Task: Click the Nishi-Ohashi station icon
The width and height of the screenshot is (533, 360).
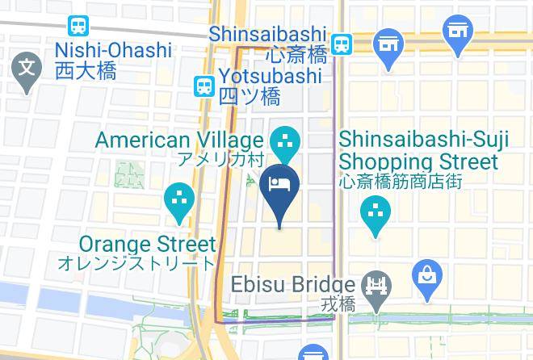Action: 79,26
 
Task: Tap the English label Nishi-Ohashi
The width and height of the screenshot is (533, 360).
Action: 113,50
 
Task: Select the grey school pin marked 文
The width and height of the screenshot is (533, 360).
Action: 27,69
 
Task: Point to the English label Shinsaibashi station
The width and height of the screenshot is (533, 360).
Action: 267,35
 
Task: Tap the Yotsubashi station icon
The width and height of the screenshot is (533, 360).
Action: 203,84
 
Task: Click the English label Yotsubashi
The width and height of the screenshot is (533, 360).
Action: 271,76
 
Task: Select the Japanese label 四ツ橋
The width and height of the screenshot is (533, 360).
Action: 250,97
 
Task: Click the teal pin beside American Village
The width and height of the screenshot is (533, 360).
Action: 283,142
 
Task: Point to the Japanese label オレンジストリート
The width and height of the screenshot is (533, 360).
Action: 136,263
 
